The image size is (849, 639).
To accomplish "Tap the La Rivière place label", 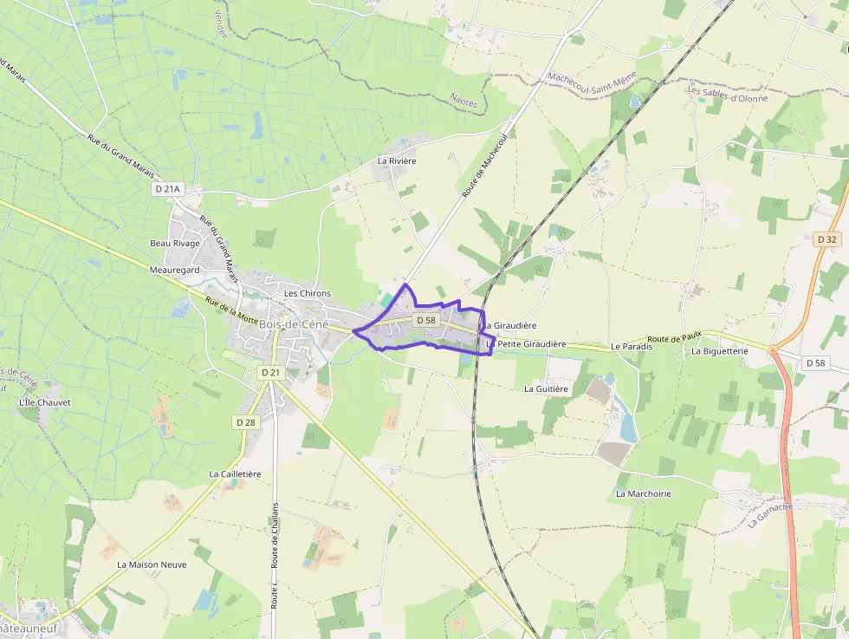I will [397, 161].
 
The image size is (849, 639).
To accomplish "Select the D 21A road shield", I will [168, 189].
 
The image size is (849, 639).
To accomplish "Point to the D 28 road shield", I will [246, 421].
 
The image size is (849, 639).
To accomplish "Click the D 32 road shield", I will [826, 238].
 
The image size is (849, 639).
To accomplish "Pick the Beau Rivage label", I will [175, 243].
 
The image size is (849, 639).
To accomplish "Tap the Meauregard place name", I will [174, 270].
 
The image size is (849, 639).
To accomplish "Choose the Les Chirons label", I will [308, 293].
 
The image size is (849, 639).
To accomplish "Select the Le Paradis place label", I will [631, 346].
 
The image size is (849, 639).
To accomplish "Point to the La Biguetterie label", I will [719, 351].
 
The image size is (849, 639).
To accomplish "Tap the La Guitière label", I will [546, 389].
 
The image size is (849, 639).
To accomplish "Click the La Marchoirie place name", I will [644, 493].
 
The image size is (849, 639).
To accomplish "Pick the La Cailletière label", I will [235, 474].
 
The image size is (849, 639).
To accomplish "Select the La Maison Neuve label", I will [152, 564].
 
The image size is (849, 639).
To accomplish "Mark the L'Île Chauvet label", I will [44, 402].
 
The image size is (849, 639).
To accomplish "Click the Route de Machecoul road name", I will [484, 166].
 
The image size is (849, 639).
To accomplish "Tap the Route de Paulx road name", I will [674, 337].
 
